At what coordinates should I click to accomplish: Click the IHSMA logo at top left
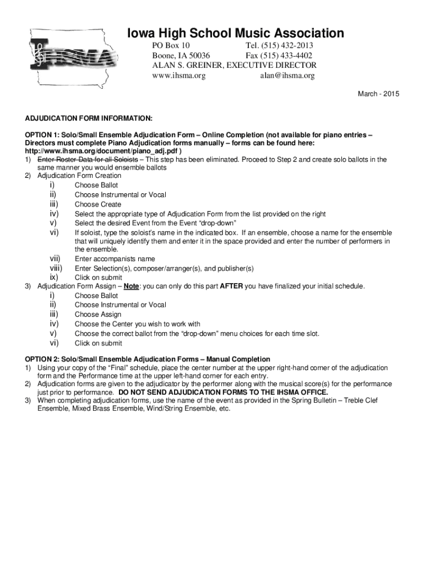[70, 58]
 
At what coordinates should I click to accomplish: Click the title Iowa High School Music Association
[236, 33]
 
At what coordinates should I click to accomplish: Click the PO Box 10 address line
[171, 46]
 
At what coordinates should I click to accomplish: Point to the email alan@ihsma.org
[287, 76]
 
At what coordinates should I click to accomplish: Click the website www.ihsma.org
[178, 76]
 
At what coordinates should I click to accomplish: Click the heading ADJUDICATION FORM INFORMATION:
[89, 118]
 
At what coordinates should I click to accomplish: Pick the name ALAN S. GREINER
[187, 66]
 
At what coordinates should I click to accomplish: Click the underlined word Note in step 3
[131, 286]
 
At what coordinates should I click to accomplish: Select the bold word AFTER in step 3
[231, 286]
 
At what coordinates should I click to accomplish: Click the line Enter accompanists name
[115, 259]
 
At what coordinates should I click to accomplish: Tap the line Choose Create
[98, 204]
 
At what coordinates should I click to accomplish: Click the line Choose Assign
[98, 314]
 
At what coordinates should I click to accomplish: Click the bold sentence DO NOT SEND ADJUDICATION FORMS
[223, 392]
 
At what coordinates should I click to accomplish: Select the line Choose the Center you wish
[137, 324]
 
